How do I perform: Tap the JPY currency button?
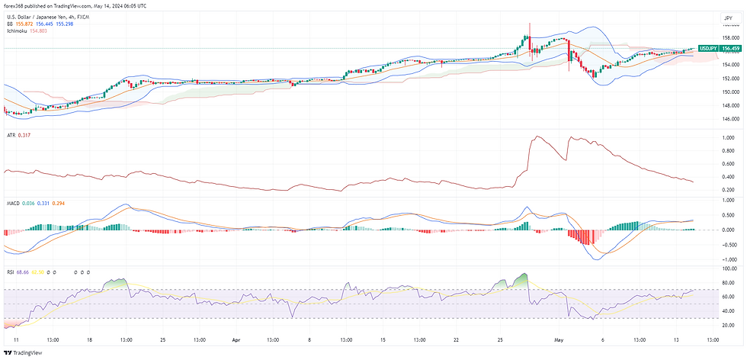tap(726, 18)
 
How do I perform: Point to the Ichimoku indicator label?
tap(17, 31)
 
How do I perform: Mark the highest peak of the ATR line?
tap(537, 137)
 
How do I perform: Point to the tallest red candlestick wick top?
tap(530, 23)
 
